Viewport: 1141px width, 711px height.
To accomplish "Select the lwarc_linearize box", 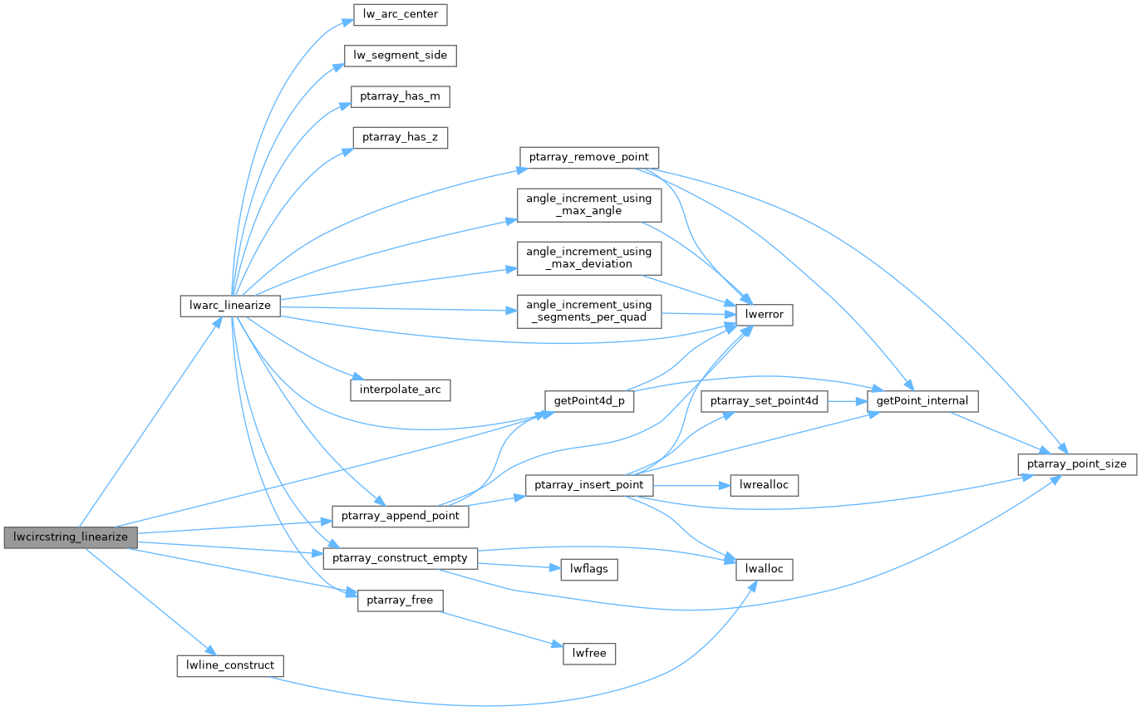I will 231,306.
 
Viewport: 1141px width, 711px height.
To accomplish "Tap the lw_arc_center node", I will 396,14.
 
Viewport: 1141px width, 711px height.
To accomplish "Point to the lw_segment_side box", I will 401,56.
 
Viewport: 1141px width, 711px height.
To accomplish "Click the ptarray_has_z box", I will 401,138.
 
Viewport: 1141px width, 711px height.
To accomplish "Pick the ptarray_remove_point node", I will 589,157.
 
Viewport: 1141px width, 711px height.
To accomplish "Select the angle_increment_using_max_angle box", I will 589,204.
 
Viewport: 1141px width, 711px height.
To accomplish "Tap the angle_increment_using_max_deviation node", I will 589,257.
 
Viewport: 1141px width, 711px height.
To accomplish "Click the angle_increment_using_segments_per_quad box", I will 589,311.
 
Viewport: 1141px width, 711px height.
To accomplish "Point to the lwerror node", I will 765,315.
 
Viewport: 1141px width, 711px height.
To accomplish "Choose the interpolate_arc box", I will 401,390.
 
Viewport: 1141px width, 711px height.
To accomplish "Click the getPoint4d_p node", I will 589,400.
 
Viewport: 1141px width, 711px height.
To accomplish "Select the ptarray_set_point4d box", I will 765,401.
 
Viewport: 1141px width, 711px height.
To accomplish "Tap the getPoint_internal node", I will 922,401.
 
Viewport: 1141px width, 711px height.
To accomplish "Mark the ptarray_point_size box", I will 1077,464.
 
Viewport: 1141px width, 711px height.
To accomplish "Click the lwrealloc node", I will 765,484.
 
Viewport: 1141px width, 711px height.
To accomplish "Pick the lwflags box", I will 589,569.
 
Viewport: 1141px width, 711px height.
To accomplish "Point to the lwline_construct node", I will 230,665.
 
